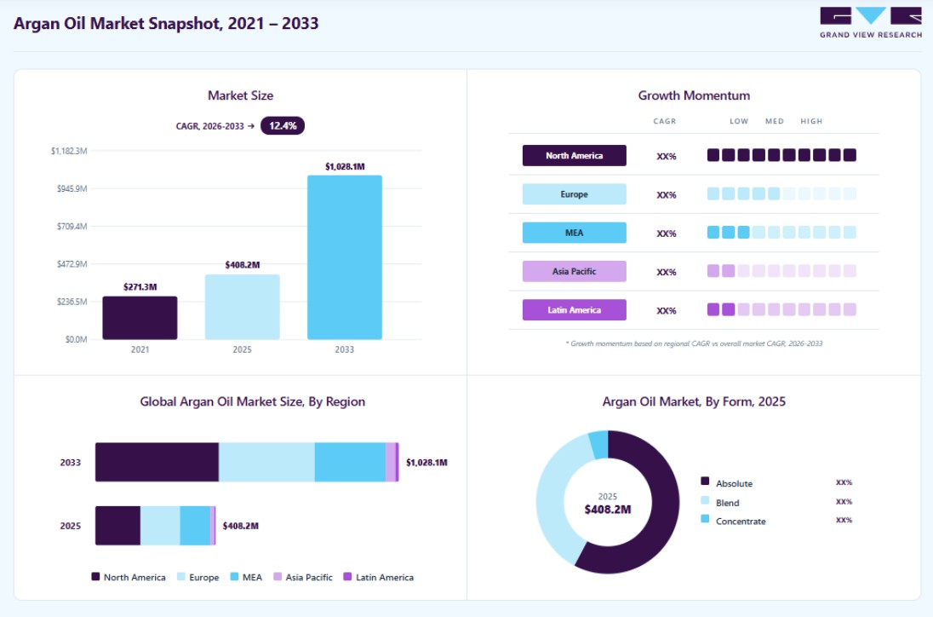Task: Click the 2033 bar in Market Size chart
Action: [345, 257]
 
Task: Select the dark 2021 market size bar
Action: [140, 318]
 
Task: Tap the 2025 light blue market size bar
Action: [242, 307]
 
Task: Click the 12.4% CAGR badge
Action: [283, 125]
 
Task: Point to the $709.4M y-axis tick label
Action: [72, 227]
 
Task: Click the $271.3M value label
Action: [140, 287]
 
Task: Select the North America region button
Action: [575, 155]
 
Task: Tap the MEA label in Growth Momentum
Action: [575, 233]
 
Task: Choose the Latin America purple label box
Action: [575, 309]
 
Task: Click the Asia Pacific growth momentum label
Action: [575, 272]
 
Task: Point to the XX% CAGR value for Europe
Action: [667, 195]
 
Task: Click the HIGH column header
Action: [811, 121]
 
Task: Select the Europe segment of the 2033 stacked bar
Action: [266, 462]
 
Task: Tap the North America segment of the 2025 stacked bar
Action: [117, 525]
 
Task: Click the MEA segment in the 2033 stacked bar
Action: [350, 462]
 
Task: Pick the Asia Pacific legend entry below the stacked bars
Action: [303, 577]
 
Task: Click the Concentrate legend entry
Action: [734, 521]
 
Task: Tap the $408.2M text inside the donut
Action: [608, 510]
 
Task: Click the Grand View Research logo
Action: [871, 23]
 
